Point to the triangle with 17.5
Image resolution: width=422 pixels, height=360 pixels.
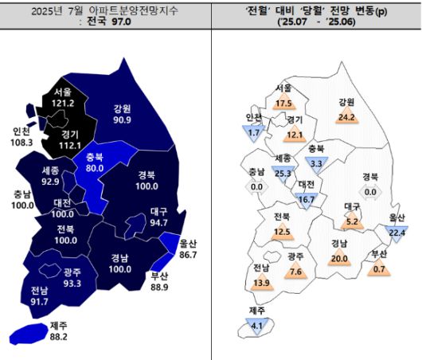click(x=283, y=103)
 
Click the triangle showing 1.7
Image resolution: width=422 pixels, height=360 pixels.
click(x=255, y=131)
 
